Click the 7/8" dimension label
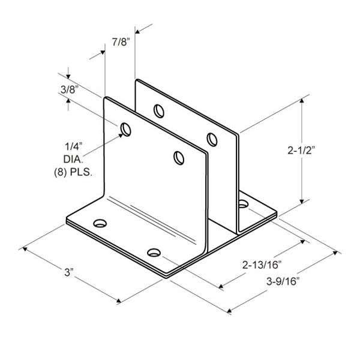(x=121, y=42)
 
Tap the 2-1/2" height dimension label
(x=301, y=151)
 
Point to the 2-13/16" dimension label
(x=262, y=265)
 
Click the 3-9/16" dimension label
(x=283, y=281)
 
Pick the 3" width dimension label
(x=68, y=272)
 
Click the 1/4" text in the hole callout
(x=73, y=146)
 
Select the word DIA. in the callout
(x=73, y=159)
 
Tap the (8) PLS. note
(x=73, y=172)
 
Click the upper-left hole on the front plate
(x=126, y=130)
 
